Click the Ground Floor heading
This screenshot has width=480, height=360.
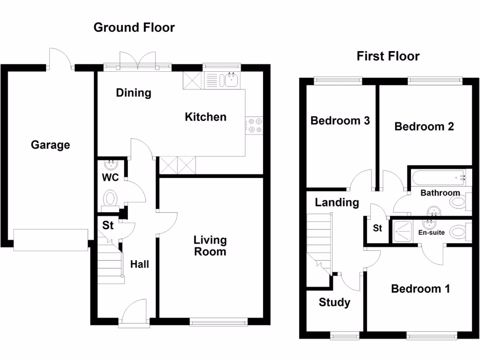tap(134, 27)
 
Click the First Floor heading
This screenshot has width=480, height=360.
tap(388, 57)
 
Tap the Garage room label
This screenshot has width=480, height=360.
tap(50, 145)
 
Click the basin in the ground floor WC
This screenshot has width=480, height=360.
tap(112, 165)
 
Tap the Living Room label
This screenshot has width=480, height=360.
tap(210, 246)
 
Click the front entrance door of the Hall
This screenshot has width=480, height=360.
tap(134, 313)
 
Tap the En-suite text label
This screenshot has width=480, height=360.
tap(431, 232)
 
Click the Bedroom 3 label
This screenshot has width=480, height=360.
tap(340, 121)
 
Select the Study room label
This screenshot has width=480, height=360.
tap(334, 302)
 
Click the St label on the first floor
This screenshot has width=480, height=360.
tap(377, 228)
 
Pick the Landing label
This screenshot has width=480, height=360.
tap(337, 202)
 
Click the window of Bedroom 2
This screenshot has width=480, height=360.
tap(435, 81)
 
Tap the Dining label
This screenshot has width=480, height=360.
tap(134, 93)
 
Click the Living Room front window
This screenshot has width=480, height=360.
tap(219, 321)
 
